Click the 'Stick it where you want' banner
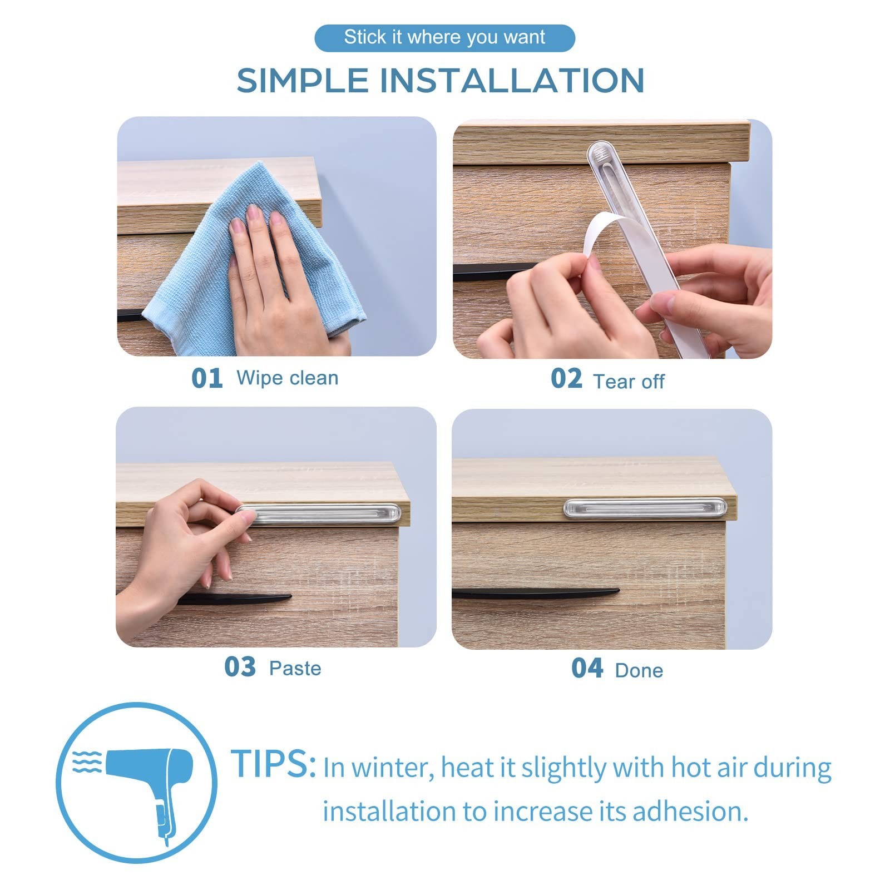click(x=444, y=38)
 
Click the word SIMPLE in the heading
click(x=303, y=80)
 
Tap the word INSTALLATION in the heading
click(x=512, y=80)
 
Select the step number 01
click(x=206, y=378)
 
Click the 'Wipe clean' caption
click(x=288, y=378)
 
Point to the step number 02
click(x=566, y=378)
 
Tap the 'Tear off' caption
click(x=629, y=382)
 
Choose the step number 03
click(x=240, y=667)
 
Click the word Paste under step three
click(x=295, y=668)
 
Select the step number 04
click(x=587, y=668)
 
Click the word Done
click(x=639, y=670)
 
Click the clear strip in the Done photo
click(x=645, y=508)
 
